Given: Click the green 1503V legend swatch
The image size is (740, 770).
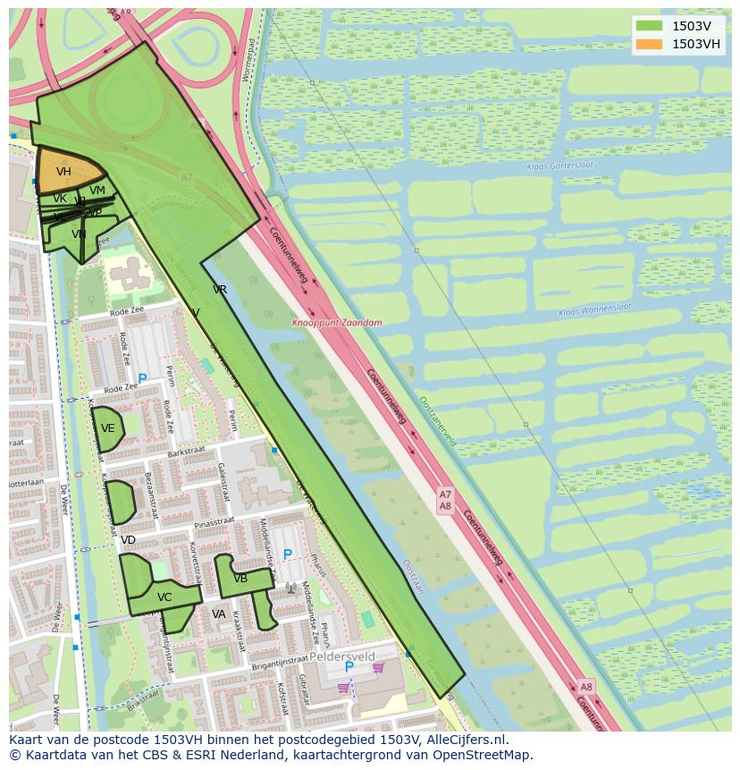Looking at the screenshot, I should pyautogui.click(x=650, y=26).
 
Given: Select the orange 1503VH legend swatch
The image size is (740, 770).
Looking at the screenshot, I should pyautogui.click(x=650, y=44).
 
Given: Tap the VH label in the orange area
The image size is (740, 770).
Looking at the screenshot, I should pyautogui.click(x=63, y=172).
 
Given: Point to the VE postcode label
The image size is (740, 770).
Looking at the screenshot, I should pyautogui.click(x=108, y=428).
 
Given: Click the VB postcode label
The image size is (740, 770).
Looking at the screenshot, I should pyautogui.click(x=240, y=579).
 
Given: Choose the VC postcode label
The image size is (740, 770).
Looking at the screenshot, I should pyautogui.click(x=164, y=597).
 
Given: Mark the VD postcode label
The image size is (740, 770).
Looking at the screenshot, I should pyautogui.click(x=128, y=540).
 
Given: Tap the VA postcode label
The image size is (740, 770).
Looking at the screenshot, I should pyautogui.click(x=219, y=614).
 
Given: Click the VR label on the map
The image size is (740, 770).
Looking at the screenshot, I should pyautogui.click(x=220, y=290).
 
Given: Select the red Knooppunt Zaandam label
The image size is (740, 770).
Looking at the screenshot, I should pyautogui.click(x=337, y=323).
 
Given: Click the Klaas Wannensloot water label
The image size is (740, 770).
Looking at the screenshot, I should pyautogui.click(x=594, y=309).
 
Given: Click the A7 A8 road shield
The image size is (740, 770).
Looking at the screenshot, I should pyautogui.click(x=445, y=500).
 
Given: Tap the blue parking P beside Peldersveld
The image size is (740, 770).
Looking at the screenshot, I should pyautogui.click(x=349, y=667).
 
